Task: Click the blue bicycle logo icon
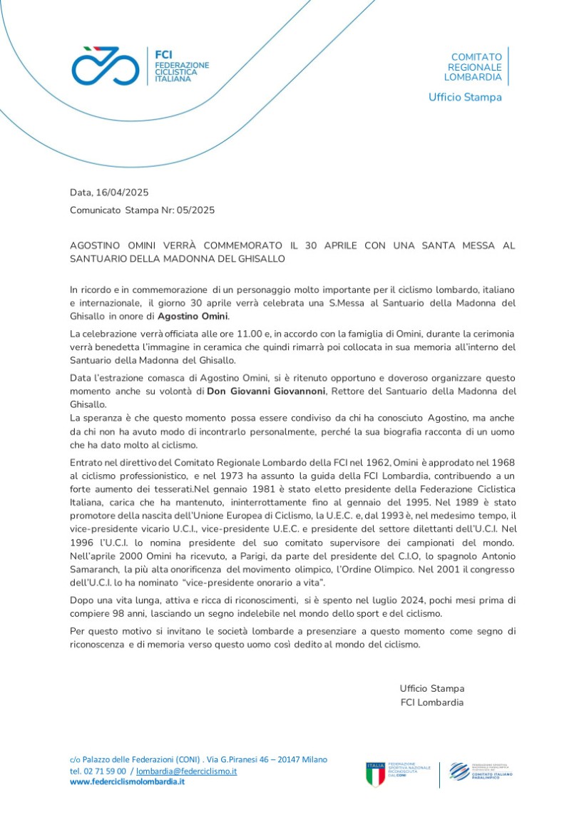point(106,66)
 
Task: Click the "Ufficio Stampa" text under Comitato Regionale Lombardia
point(465,97)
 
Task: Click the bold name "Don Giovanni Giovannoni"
point(266,391)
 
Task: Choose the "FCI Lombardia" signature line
point(431,702)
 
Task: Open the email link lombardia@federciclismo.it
point(187,771)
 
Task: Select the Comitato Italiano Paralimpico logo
point(481,772)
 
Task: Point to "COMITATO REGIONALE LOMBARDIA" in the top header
point(476,67)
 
